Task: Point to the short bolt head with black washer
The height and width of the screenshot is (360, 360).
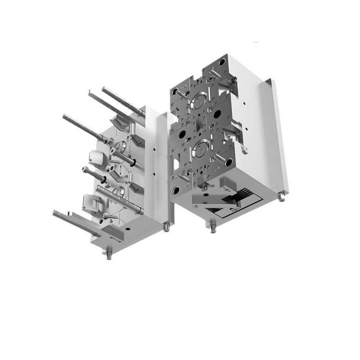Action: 87,170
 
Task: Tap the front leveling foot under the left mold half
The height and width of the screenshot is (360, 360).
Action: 109,256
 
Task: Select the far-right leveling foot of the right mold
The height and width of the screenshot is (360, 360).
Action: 281,197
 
